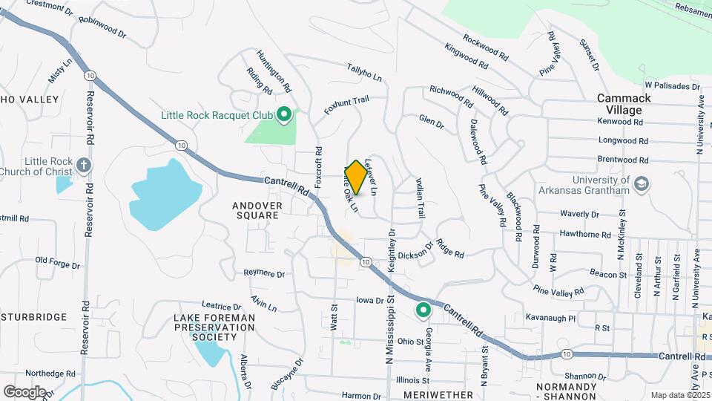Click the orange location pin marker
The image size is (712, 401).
356,177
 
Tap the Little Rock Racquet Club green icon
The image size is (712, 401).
283,114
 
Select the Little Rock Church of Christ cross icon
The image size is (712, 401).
84,165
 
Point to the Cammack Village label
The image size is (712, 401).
624,104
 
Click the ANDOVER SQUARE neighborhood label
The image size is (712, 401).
245,210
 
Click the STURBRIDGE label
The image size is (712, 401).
34,318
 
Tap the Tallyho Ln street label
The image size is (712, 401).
364,73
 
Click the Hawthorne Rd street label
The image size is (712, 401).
585,234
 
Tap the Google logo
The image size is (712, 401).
24,391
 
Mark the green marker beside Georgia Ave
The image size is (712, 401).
423,310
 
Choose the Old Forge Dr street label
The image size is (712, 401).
57,262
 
